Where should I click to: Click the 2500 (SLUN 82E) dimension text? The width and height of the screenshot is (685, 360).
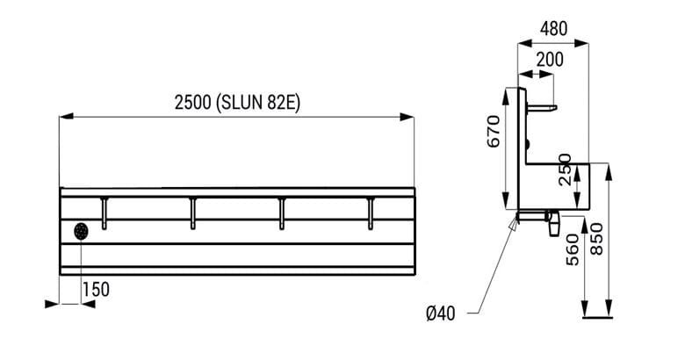point(237,103)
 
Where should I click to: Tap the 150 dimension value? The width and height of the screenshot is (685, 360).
point(96,289)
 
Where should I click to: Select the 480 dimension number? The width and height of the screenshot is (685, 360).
point(553,28)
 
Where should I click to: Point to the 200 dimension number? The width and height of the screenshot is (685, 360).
point(550,60)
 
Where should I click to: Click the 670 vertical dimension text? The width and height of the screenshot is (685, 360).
point(494,131)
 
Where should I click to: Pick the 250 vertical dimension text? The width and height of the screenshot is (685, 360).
point(565,169)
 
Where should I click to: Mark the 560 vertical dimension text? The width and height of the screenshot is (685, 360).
point(573,250)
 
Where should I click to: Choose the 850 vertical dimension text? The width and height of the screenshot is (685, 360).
point(597,239)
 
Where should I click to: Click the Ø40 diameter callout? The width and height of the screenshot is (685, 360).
point(440,313)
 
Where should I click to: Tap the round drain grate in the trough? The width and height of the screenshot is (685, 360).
point(82,231)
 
